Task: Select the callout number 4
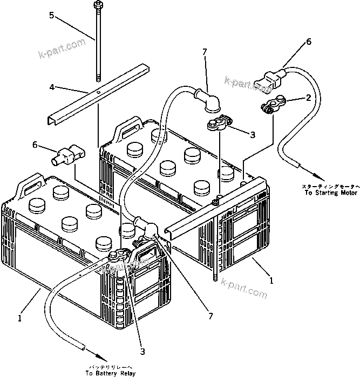(x=52, y=86)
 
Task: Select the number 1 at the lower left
(x=20, y=318)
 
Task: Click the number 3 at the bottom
(x=142, y=352)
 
